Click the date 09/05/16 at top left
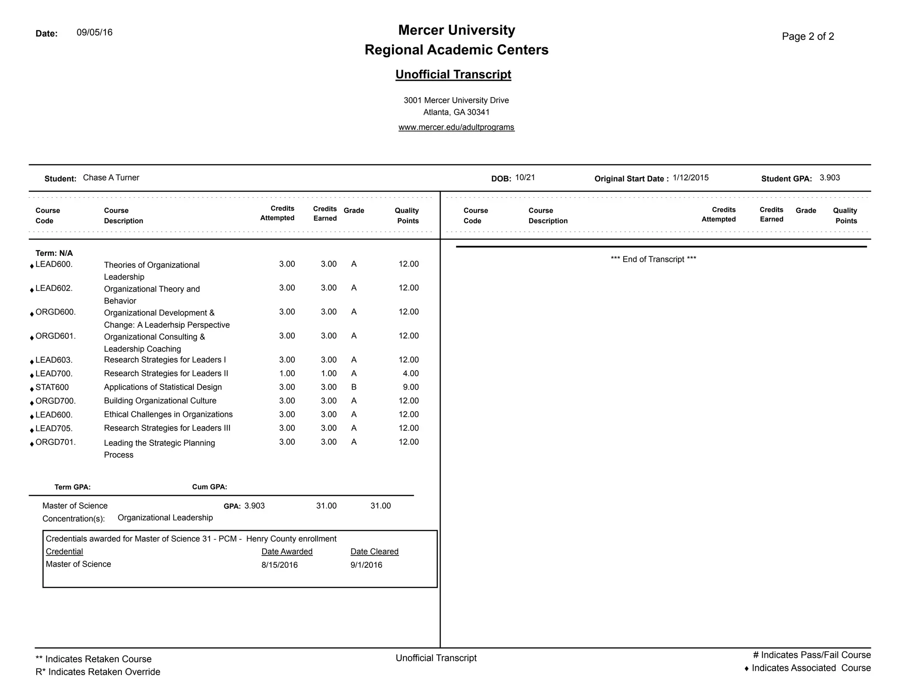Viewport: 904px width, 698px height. coord(94,33)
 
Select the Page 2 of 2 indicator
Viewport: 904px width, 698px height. coord(808,37)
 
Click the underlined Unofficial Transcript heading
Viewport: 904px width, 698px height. coord(453,75)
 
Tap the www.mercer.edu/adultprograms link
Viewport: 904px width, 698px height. coord(456,128)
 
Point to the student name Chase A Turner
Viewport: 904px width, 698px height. coord(111,178)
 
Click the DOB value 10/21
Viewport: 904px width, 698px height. coord(525,178)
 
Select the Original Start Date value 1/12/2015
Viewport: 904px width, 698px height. coord(690,178)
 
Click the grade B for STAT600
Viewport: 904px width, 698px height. coord(354,387)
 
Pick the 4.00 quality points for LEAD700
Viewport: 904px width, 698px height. coord(411,374)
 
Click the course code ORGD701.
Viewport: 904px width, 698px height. coord(56,442)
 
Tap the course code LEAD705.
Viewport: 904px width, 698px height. coord(54,428)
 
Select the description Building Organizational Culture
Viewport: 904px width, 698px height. coord(160,401)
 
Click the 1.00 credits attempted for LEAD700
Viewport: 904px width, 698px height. coord(287,374)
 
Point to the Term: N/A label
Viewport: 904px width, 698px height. coord(54,253)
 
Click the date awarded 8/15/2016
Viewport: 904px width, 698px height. coord(279,565)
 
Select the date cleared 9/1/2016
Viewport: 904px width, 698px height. coord(366,565)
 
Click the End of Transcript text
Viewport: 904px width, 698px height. coord(653,259)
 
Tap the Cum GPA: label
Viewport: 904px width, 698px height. coord(210,487)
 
